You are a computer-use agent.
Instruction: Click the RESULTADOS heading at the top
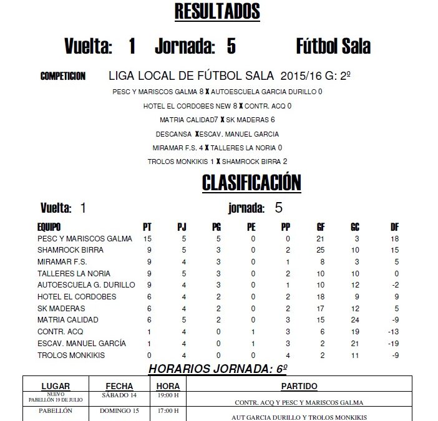(x=217, y=11)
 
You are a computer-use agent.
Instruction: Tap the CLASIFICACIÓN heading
(x=251, y=182)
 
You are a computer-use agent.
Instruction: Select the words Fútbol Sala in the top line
(x=333, y=47)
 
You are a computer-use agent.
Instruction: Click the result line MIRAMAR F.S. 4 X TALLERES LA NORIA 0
(x=217, y=148)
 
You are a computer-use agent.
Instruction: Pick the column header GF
(x=321, y=226)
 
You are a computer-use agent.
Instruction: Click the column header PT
(x=148, y=226)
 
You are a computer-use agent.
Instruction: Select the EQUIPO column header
(x=49, y=226)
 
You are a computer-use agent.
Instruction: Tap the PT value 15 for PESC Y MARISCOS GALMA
(x=148, y=238)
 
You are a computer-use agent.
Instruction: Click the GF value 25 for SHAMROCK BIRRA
(x=321, y=250)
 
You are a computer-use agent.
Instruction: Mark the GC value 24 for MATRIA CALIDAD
(x=355, y=320)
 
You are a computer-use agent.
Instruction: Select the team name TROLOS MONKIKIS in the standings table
(x=71, y=356)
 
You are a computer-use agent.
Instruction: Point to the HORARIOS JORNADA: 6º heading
(x=217, y=369)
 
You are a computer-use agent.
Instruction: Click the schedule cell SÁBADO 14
(x=119, y=395)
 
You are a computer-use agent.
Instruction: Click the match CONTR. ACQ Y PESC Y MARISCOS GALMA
(x=299, y=402)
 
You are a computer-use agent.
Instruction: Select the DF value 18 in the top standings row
(x=394, y=238)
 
